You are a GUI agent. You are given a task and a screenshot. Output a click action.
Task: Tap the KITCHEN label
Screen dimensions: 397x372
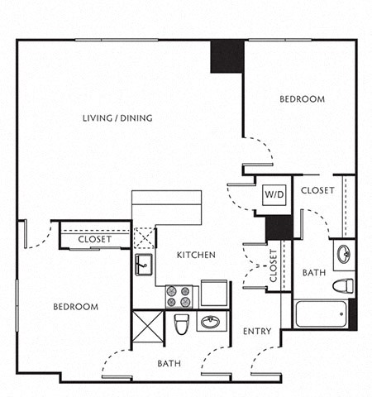tap(196, 255)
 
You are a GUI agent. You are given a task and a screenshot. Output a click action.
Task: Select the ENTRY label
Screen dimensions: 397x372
tap(257, 332)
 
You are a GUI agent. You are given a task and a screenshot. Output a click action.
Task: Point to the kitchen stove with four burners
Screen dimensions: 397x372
tap(179, 295)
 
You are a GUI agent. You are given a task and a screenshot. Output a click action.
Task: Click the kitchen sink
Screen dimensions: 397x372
tap(142, 265)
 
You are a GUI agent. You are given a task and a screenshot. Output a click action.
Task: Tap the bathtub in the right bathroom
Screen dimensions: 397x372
tap(321, 313)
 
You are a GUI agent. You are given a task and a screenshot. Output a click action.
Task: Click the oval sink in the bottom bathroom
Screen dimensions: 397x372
tap(209, 322)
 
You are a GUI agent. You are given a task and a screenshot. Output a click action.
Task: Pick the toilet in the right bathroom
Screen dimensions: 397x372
tap(342, 286)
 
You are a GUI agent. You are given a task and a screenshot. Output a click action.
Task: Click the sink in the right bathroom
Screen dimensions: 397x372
tap(344, 254)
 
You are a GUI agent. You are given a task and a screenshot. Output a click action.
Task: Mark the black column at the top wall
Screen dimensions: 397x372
tap(227, 56)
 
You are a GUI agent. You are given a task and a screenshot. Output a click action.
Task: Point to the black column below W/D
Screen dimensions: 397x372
tap(279, 227)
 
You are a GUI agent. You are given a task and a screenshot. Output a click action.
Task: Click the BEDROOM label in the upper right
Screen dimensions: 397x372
tap(302, 99)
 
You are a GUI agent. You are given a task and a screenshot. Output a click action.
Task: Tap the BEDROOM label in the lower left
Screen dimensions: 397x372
tap(76, 307)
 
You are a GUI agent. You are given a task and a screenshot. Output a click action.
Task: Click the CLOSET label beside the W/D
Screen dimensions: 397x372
tap(317, 190)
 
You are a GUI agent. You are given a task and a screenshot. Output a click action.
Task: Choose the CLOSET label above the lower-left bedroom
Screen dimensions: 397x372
tap(95, 240)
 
